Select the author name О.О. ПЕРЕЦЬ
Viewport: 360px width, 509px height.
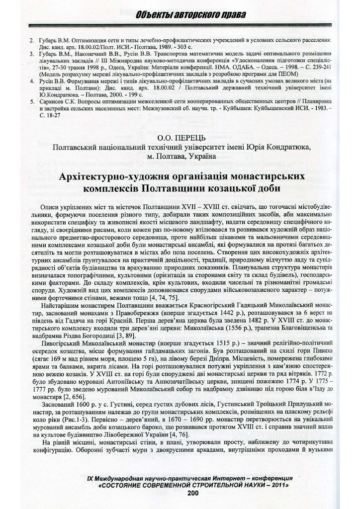pyautogui.click(x=181, y=138)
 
